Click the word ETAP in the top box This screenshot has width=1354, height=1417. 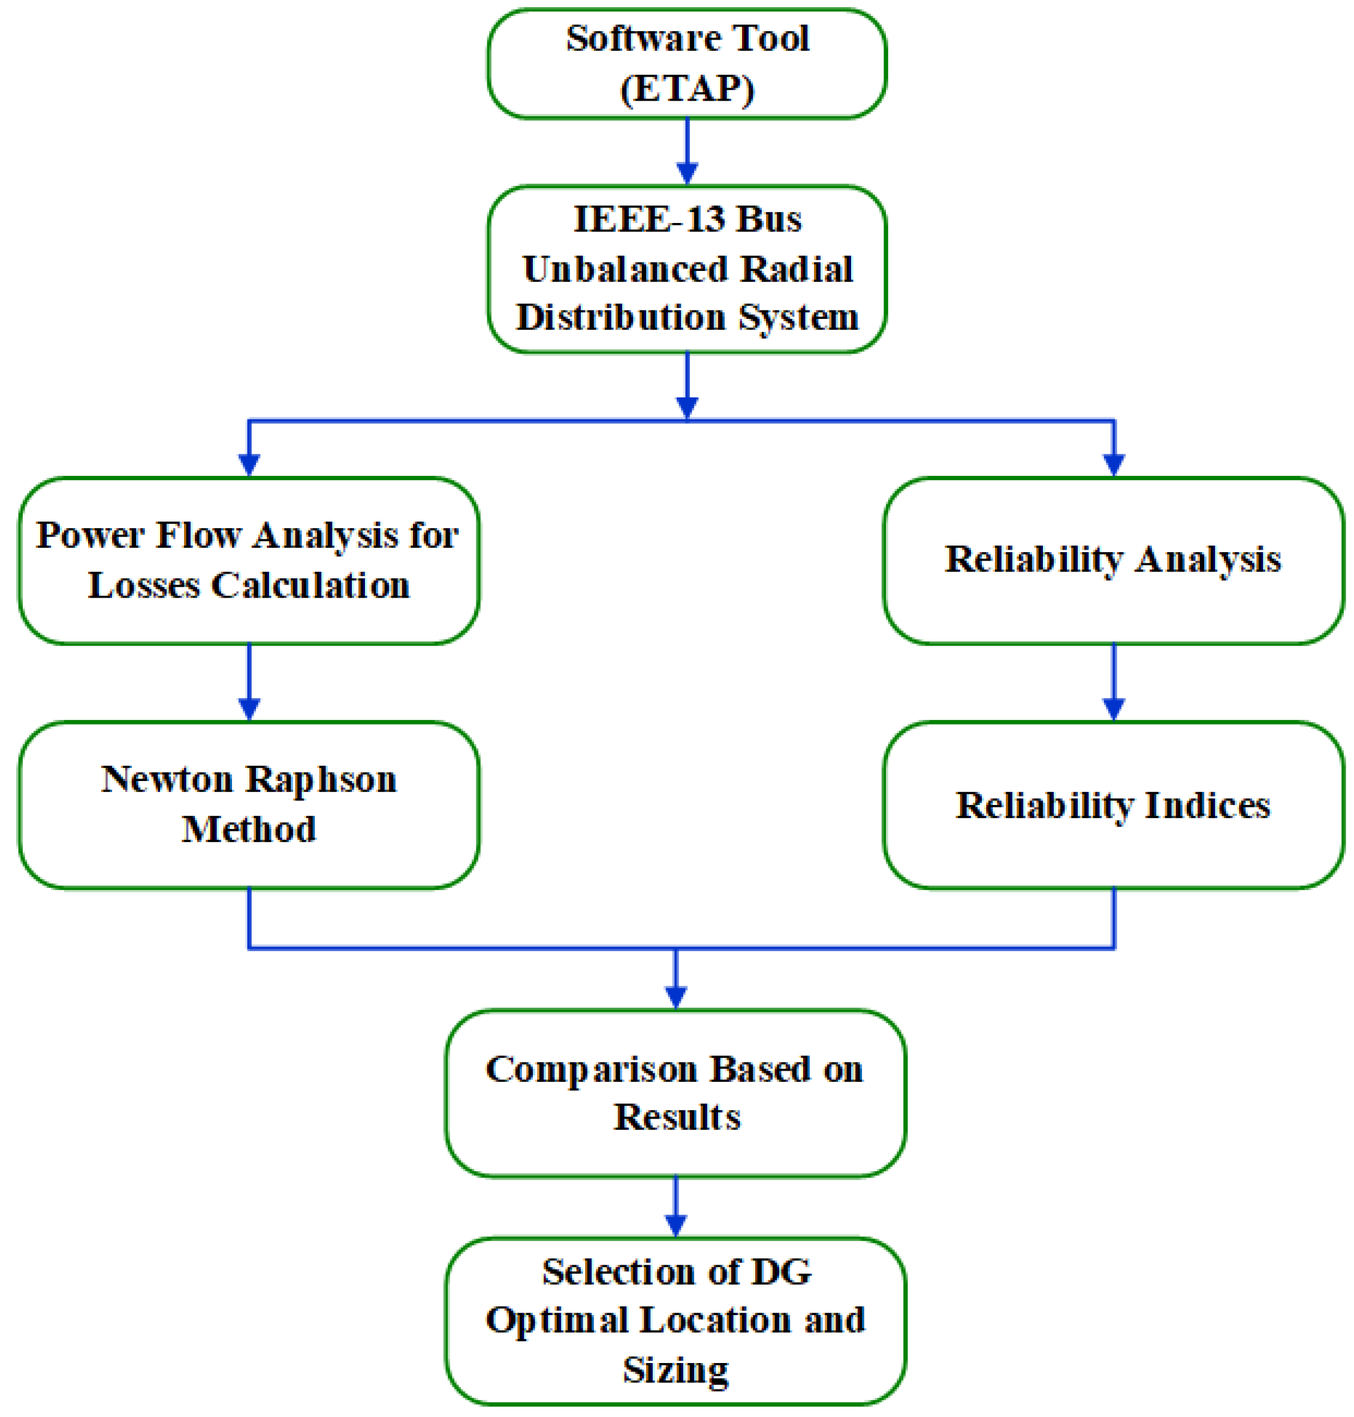687,89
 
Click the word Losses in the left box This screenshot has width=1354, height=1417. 144,584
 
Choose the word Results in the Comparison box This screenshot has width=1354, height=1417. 676,1117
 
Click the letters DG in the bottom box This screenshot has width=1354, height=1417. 782,1271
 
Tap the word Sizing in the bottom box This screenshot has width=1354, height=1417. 676,1370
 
